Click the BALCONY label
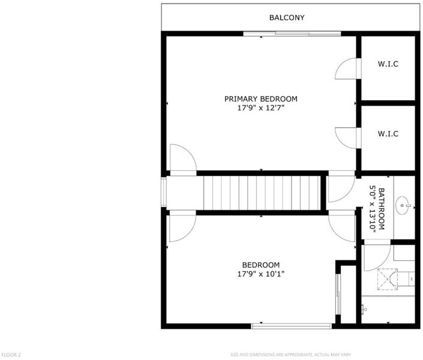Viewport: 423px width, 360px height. click(x=287, y=17)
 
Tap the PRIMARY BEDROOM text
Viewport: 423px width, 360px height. click(x=261, y=99)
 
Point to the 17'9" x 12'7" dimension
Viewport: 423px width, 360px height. click(x=261, y=108)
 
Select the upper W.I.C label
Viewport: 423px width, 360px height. click(x=388, y=64)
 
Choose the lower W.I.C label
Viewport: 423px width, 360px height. click(x=388, y=134)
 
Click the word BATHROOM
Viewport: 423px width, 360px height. click(x=382, y=209)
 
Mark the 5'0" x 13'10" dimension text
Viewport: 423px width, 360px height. click(x=373, y=209)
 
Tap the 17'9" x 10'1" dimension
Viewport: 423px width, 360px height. click(x=261, y=274)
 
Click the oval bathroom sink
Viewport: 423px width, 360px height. click(x=402, y=206)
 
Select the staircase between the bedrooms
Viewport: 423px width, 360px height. click(x=262, y=193)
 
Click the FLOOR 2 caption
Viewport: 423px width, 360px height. click(x=11, y=355)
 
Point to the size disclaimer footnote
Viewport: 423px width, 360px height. click(x=290, y=355)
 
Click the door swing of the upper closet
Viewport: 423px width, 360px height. click(x=346, y=68)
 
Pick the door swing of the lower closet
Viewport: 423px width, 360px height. click(x=346, y=138)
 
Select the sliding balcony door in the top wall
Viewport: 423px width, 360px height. click(x=292, y=34)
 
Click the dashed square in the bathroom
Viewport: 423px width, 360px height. click(x=388, y=280)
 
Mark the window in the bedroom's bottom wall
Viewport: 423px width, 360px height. click(x=292, y=326)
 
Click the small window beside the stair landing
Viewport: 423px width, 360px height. click(x=163, y=192)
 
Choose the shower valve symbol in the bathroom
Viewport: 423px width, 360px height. click(x=364, y=309)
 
